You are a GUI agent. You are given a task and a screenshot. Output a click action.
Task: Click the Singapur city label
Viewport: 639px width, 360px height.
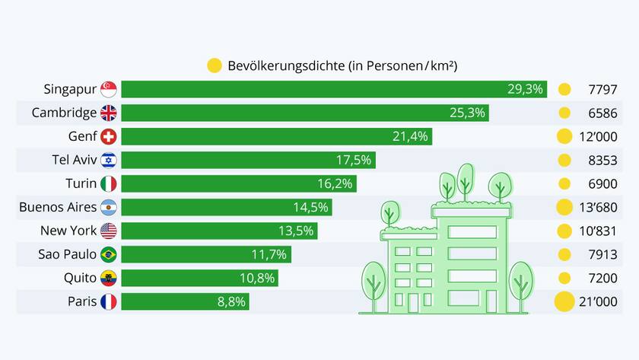70,89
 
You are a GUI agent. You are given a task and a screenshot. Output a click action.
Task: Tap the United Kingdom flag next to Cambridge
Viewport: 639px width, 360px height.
109,113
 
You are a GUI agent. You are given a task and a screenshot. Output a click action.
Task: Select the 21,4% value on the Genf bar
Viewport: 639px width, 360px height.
411,136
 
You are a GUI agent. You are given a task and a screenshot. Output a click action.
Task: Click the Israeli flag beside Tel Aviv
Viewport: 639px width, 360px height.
109,160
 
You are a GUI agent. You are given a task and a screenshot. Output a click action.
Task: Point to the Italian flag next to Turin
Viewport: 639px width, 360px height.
109,183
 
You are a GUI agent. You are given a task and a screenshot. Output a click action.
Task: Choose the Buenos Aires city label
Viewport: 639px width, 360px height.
58,207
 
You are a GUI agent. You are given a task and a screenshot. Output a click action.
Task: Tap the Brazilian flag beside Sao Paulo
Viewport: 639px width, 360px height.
109,254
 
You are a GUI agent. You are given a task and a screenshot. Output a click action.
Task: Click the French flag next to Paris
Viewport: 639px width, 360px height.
109,301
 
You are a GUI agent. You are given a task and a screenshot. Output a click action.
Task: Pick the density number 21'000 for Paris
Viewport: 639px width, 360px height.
598,301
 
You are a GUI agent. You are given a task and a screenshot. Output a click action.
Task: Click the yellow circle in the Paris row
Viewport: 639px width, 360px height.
564,301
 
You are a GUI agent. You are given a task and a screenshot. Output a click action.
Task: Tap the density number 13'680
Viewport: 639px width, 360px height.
598,207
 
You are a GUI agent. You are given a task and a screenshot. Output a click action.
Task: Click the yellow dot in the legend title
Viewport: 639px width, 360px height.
214,65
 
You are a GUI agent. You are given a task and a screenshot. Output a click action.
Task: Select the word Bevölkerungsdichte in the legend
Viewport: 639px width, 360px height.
286,65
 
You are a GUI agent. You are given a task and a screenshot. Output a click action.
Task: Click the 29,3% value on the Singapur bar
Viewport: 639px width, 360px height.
525,89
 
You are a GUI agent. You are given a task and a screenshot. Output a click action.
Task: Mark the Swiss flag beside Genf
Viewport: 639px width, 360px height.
109,136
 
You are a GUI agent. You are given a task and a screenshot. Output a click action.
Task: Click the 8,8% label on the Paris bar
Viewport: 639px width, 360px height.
231,301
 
